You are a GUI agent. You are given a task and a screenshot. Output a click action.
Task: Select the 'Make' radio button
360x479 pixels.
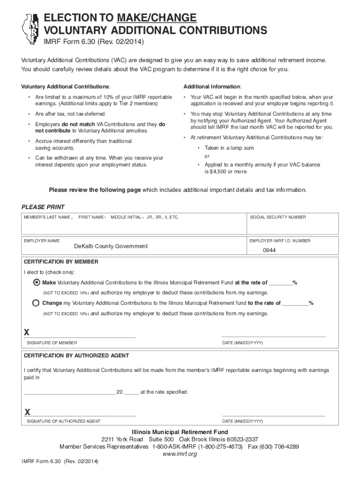(36, 283)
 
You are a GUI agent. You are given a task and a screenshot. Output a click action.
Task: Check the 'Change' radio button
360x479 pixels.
(36, 303)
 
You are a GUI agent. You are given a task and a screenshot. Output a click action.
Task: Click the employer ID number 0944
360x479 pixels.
(269, 250)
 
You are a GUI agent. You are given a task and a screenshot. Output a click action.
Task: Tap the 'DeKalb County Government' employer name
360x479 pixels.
(111, 246)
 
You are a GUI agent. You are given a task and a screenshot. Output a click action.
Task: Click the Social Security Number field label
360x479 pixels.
(278, 218)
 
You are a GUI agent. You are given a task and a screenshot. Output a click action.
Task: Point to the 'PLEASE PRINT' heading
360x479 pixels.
(43, 207)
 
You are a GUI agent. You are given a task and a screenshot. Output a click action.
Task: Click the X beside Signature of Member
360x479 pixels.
(27, 333)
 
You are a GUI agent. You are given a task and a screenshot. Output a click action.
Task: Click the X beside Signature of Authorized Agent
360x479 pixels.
(27, 412)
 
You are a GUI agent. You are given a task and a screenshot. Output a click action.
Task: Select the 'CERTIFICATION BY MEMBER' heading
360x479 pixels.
(61, 262)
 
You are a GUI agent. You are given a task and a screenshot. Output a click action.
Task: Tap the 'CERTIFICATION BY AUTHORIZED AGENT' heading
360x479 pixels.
(76, 356)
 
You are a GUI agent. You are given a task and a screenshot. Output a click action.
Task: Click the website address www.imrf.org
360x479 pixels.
(180, 454)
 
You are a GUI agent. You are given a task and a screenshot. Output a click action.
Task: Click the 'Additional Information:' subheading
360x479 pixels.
(212, 87)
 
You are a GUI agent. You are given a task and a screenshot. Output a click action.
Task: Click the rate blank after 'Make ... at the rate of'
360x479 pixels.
(281, 283)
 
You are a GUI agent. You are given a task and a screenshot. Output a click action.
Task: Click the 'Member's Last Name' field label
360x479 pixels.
(47, 218)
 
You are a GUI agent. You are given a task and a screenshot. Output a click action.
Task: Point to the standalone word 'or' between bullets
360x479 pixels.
(207, 156)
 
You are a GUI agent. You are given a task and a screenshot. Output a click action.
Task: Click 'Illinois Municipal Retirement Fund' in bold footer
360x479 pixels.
(180, 432)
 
